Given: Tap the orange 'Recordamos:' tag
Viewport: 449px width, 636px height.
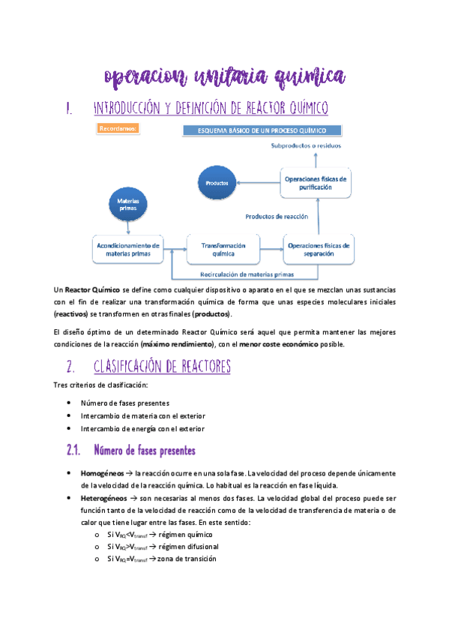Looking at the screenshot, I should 118,129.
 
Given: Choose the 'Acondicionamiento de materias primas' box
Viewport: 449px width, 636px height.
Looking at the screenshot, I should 128,250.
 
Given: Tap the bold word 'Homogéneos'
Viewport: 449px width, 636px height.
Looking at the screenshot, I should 101,474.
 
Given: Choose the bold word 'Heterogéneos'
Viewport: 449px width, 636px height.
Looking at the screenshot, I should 103,498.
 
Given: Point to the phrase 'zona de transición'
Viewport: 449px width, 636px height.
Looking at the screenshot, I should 187,559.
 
